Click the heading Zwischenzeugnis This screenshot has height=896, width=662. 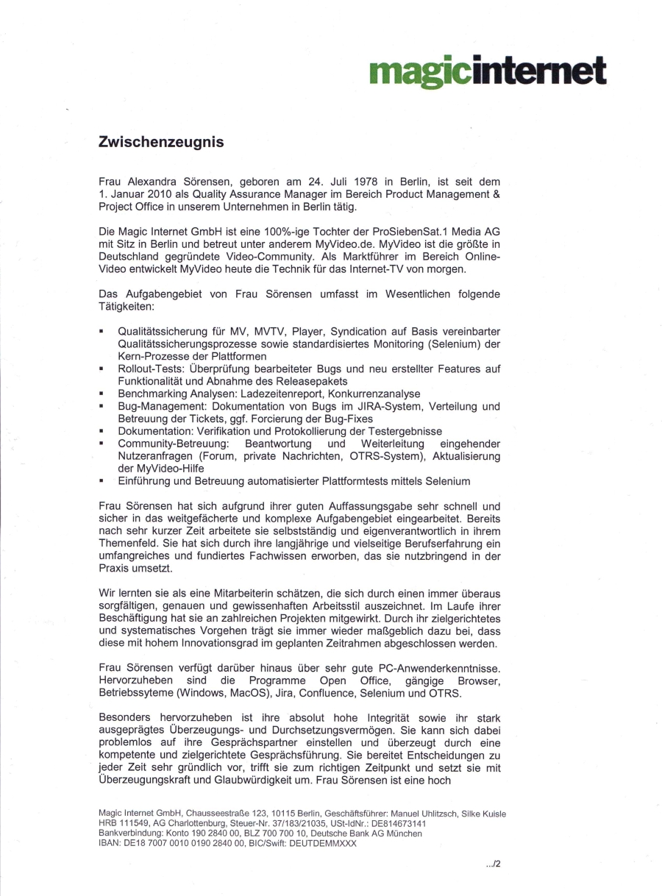tap(161, 143)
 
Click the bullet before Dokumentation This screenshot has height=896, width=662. tap(102, 431)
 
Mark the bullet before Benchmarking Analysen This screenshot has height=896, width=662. tap(102, 394)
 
